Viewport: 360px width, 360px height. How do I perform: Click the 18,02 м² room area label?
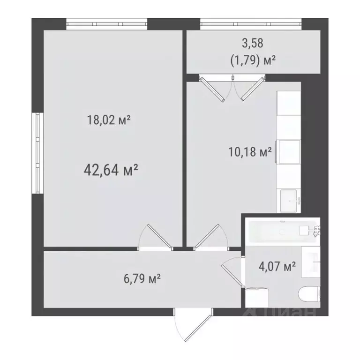108,120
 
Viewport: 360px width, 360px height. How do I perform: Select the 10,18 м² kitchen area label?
249,152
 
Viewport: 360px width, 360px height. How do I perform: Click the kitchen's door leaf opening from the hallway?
209,235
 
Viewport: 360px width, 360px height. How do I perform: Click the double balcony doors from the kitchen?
230,88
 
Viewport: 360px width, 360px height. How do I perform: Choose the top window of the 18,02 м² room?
107,23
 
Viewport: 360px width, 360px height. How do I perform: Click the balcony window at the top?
251,23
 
